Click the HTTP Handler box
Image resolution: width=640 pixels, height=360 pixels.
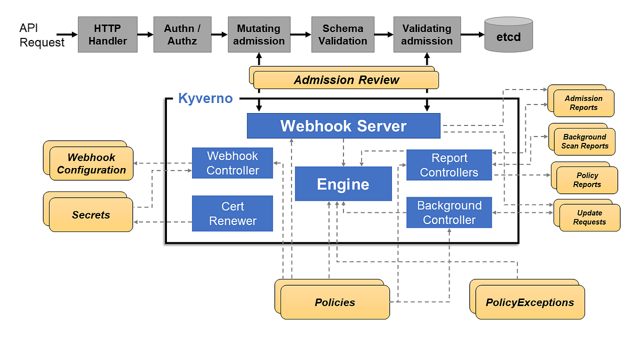click(108, 35)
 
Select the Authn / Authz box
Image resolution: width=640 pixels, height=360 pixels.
click(183, 35)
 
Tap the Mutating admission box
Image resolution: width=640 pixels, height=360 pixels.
click(258, 35)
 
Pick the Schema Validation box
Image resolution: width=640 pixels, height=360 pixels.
click(342, 35)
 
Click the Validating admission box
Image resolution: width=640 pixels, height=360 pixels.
click(427, 35)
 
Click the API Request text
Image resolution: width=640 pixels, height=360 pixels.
click(42, 35)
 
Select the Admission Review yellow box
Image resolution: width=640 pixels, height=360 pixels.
click(346, 80)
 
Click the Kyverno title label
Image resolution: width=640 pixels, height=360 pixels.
click(205, 98)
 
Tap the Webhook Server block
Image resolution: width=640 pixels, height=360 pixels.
click(343, 126)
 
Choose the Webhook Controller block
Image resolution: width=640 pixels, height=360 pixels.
click(233, 163)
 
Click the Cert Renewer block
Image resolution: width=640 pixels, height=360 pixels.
click(233, 213)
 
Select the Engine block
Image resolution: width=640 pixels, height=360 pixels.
click(343, 184)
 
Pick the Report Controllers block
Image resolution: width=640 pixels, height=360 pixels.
click(449, 165)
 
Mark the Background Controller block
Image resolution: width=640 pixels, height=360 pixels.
click(449, 213)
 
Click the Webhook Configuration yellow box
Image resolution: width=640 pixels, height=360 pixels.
click(91, 164)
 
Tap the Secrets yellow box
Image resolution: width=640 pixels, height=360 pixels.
click(91, 215)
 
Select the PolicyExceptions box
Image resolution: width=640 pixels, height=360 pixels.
click(530, 302)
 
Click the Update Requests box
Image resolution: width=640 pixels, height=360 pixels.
click(589, 217)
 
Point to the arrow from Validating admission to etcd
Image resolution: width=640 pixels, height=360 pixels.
click(473, 35)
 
